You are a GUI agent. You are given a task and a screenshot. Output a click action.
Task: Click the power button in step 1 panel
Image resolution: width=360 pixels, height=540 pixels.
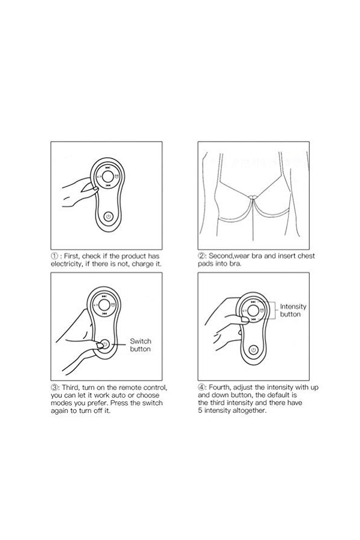(109, 217)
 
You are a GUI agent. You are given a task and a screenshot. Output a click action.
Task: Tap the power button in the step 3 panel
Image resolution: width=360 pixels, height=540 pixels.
(105, 344)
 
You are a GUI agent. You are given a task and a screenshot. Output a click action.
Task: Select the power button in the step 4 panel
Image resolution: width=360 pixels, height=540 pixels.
(254, 350)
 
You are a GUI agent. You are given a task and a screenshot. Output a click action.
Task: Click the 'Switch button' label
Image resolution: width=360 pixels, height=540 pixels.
(140, 345)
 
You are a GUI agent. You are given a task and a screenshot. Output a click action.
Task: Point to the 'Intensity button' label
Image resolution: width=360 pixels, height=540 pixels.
(293, 310)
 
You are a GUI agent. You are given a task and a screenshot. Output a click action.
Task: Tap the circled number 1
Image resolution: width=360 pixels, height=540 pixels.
(54, 256)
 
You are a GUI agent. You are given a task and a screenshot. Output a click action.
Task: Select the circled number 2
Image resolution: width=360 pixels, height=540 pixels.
(201, 256)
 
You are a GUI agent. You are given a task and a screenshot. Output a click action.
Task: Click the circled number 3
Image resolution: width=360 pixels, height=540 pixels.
(55, 388)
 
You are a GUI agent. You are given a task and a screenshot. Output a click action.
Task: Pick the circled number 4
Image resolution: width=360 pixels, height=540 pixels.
(201, 388)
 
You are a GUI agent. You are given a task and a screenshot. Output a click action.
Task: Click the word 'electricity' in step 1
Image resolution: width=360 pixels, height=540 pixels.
(65, 264)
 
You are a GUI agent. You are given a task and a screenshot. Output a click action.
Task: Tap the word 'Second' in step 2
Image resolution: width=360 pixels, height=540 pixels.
(221, 256)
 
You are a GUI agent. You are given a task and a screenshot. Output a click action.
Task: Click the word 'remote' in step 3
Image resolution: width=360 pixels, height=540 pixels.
(130, 388)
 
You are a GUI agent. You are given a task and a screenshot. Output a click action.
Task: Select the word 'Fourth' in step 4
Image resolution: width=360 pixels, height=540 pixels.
(220, 388)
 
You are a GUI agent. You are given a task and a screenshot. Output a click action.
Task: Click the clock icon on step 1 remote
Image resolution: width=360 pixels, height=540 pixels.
(117, 177)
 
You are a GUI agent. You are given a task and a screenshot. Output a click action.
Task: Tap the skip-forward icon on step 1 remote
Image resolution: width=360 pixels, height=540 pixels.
(108, 168)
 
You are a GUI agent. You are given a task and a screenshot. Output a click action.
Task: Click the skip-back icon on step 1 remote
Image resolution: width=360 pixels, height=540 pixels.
(108, 185)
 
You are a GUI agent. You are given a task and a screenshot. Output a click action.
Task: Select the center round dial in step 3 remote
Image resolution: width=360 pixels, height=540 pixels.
(104, 305)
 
